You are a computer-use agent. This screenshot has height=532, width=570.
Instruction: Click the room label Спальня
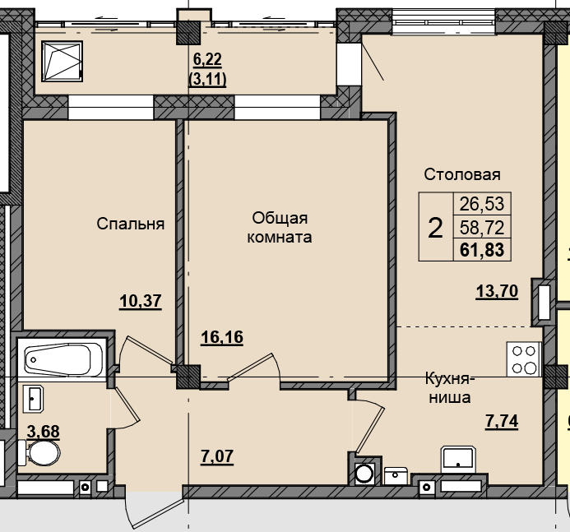point(131,224)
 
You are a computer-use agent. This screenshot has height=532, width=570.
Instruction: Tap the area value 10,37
point(140,301)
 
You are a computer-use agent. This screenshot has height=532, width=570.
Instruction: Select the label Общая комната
point(280,228)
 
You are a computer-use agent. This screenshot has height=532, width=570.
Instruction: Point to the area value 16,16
point(223,336)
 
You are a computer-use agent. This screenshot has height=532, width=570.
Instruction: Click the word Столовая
point(462,174)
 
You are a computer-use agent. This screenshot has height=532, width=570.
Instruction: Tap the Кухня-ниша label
point(448,388)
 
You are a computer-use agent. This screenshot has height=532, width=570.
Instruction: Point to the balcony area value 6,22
point(207,59)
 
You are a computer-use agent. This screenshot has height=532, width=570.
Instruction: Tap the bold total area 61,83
point(483,249)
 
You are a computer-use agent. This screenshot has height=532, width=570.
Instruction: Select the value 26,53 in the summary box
point(483,203)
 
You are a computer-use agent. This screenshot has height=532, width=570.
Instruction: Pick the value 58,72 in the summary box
point(483,226)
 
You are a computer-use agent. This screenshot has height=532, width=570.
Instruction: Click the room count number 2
point(435,226)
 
